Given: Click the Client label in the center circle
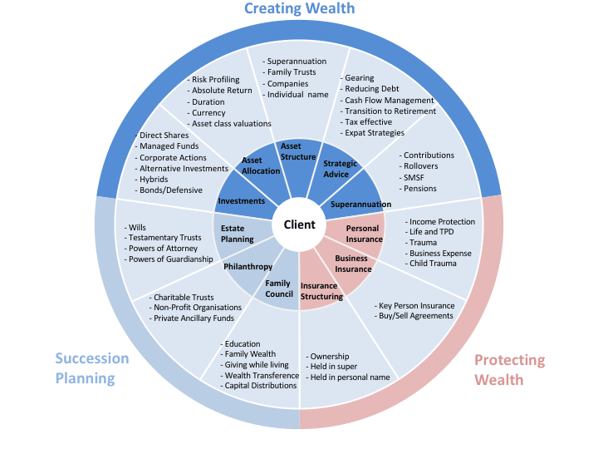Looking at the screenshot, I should [299, 224].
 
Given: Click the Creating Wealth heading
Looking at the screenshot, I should [299, 9].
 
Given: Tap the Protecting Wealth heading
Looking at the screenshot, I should [509, 370].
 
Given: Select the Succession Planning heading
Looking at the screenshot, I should [92, 368].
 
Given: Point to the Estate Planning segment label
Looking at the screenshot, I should [238, 234].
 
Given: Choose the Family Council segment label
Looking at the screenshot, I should [278, 289].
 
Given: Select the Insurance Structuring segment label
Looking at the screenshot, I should [321, 291].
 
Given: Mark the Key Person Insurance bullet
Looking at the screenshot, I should [415, 305].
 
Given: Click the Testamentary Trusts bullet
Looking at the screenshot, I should [164, 238].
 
